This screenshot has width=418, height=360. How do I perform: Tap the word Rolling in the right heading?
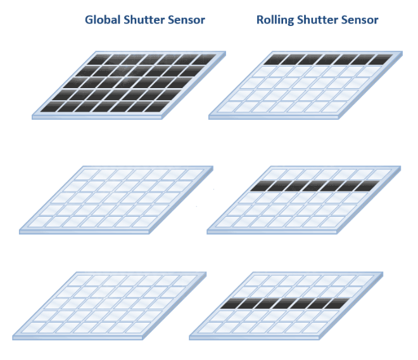[275, 20]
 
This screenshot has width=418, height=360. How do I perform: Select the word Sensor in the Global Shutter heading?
[184, 20]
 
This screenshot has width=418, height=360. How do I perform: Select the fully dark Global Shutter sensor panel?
[129, 84]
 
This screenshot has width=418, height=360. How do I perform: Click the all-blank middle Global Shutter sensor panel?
[116, 198]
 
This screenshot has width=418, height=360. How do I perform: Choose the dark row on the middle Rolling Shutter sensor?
[315, 186]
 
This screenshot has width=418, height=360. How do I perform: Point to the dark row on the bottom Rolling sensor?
[285, 304]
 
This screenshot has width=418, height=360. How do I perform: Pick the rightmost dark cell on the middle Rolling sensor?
[368, 186]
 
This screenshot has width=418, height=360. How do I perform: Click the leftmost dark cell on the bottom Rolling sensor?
[232, 304]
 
